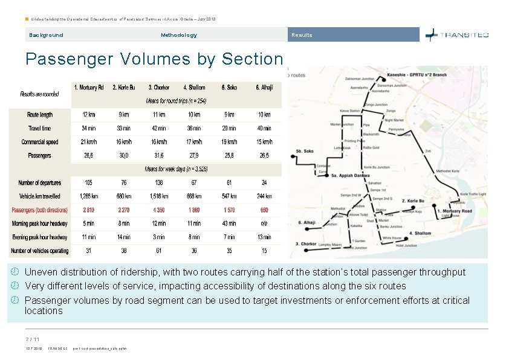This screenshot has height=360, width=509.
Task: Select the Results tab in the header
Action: point(302,35)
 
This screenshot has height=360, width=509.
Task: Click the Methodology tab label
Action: point(178,35)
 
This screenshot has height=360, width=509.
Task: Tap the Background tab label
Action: point(46,35)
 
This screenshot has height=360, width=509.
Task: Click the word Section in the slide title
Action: point(252,59)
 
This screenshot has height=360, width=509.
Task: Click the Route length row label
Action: point(40,114)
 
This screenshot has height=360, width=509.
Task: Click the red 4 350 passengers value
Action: point(159,210)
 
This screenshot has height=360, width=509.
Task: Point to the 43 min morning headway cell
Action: point(229,223)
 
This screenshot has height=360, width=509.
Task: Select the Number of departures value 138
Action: point(159,182)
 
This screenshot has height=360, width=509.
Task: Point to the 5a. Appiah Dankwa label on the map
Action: point(351,176)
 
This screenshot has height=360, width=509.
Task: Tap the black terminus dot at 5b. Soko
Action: point(293,161)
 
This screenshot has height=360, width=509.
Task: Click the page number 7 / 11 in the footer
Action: point(32,339)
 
